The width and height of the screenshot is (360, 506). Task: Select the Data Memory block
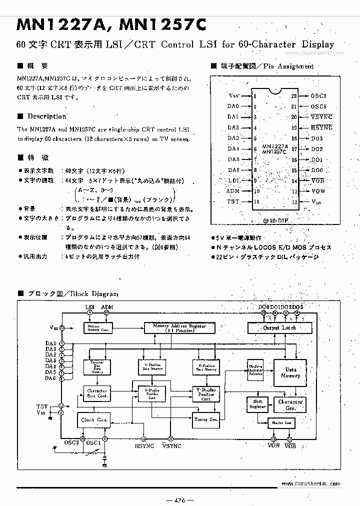[x=290, y=372]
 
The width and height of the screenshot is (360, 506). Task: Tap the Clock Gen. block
[x=94, y=420]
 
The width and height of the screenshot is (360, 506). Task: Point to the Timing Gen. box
[x=206, y=419]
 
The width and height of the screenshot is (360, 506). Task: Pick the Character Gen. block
[x=290, y=404]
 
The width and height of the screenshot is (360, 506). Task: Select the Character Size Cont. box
[x=97, y=393]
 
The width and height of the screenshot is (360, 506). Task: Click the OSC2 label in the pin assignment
[x=318, y=95]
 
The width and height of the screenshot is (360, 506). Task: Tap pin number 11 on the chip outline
[x=256, y=202]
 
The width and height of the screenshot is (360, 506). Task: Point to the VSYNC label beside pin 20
[x=321, y=117]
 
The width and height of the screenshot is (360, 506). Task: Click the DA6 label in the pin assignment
[x=233, y=170]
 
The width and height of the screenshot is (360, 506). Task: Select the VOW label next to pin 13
[x=318, y=191]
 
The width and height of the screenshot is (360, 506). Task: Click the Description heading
[x=46, y=116]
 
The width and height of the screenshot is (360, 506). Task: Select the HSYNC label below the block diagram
[x=144, y=445]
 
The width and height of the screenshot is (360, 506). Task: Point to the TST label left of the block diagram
[x=42, y=406]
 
